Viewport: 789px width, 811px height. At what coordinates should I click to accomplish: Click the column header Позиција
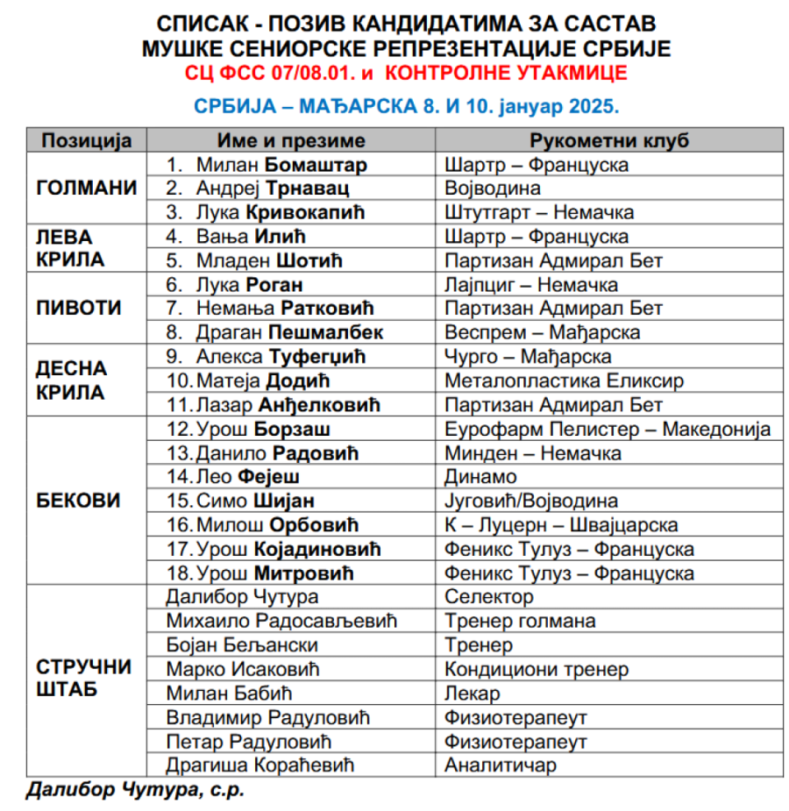(86, 141)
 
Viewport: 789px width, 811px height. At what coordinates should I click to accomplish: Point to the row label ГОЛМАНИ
(86, 189)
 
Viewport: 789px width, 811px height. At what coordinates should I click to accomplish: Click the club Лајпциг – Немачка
(531, 285)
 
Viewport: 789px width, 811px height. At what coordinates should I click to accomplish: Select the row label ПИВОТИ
(79, 309)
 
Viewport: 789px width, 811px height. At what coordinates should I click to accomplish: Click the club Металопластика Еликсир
(565, 381)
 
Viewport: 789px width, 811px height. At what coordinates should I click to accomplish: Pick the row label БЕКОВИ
(78, 501)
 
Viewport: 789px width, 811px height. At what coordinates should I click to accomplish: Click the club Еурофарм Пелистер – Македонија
(608, 430)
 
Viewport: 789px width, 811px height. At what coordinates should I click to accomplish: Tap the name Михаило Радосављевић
(281, 621)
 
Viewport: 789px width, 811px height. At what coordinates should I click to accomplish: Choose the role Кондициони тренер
(537, 669)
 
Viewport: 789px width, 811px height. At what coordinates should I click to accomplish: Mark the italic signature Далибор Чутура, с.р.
(135, 789)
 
